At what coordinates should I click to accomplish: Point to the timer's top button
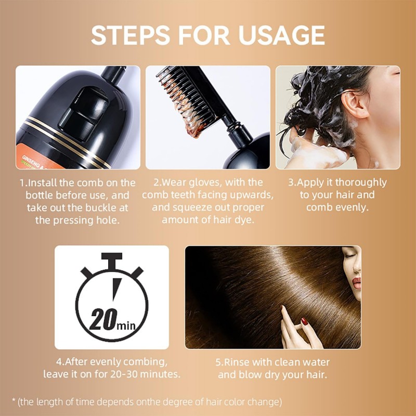tap(112, 258)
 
